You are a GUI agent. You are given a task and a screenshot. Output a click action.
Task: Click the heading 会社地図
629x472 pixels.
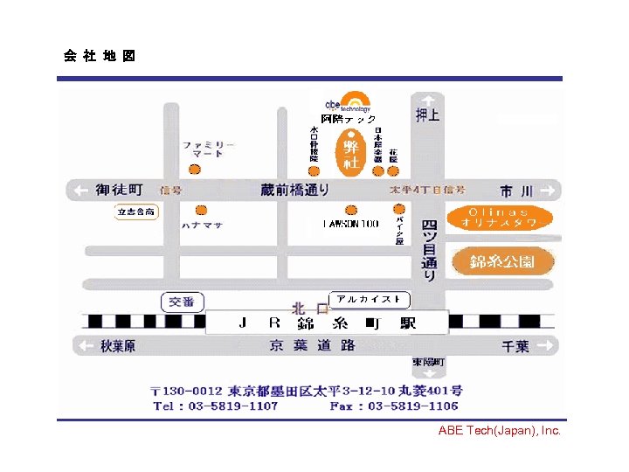pyautogui.click(x=99, y=57)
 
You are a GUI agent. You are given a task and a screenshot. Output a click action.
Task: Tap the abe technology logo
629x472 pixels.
pyautogui.click(x=348, y=102)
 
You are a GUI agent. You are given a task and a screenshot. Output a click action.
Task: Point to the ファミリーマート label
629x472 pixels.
pyautogui.click(x=208, y=149)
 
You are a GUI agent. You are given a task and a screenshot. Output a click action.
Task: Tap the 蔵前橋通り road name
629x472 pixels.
pyautogui.click(x=294, y=190)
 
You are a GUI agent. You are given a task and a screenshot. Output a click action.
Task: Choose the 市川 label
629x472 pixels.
pyautogui.click(x=515, y=190)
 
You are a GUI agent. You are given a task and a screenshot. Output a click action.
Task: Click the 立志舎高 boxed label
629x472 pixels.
pyautogui.click(x=137, y=212)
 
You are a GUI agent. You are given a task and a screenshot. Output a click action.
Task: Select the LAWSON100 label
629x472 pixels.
pyautogui.click(x=350, y=224)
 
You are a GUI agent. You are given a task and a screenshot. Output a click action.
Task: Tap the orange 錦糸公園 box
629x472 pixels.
pyautogui.click(x=502, y=261)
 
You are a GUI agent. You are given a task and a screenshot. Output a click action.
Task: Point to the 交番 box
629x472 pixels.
pyautogui.click(x=183, y=302)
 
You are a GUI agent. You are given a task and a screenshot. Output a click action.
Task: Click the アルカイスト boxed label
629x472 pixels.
pyautogui.click(x=369, y=299)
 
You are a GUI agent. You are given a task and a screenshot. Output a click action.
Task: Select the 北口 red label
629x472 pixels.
pyautogui.click(x=309, y=308)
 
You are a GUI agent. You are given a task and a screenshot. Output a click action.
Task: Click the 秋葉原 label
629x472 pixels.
pyautogui.click(x=118, y=346)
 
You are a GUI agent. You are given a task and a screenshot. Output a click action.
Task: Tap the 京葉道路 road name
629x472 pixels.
pyautogui.click(x=312, y=345)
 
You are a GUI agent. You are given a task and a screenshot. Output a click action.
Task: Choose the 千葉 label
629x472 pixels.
pyautogui.click(x=515, y=346)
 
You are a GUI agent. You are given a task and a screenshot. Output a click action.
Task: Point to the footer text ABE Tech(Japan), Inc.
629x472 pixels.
pyautogui.click(x=499, y=430)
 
